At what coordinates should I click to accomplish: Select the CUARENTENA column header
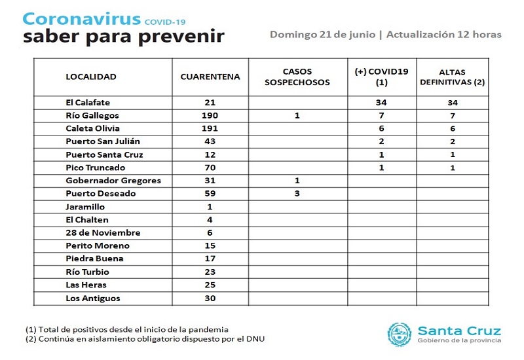point(210,77)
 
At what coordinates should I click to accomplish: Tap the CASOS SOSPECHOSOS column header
point(298,77)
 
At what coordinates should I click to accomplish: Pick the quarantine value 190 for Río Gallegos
point(210,115)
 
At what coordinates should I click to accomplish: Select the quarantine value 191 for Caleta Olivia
point(210,128)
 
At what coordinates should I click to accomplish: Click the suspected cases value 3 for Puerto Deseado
point(298,194)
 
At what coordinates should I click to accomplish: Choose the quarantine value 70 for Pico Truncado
point(210,168)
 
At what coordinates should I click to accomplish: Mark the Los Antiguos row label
point(93,298)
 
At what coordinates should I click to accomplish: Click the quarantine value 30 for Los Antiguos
point(210,298)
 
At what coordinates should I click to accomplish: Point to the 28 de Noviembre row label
point(103,233)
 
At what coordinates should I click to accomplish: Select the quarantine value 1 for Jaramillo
point(210,207)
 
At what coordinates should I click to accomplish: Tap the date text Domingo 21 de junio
point(322,34)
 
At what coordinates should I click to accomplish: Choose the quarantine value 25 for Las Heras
point(210,285)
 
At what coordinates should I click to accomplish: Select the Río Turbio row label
point(88,272)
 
